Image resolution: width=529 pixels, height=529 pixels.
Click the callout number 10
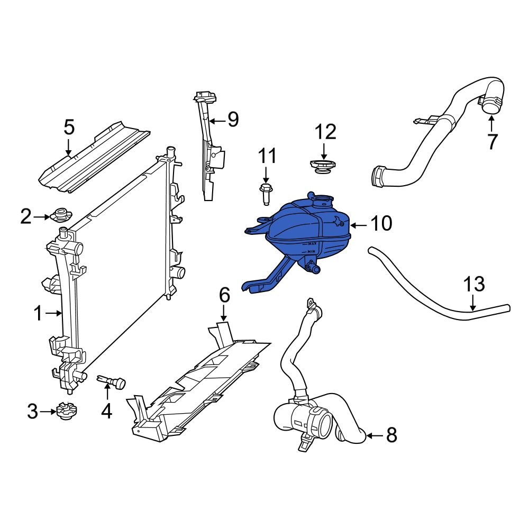click(x=381, y=224)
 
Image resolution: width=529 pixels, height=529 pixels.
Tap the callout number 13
click(x=474, y=284)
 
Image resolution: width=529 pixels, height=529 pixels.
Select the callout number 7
click(x=492, y=141)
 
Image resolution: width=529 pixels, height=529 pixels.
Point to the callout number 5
click(x=69, y=127)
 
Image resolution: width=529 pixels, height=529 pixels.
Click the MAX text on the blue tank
click(x=313, y=243)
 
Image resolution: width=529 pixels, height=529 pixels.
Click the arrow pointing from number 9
click(x=216, y=121)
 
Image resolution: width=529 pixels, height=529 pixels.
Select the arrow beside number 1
click(x=54, y=314)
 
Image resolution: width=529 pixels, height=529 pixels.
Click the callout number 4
click(x=107, y=411)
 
